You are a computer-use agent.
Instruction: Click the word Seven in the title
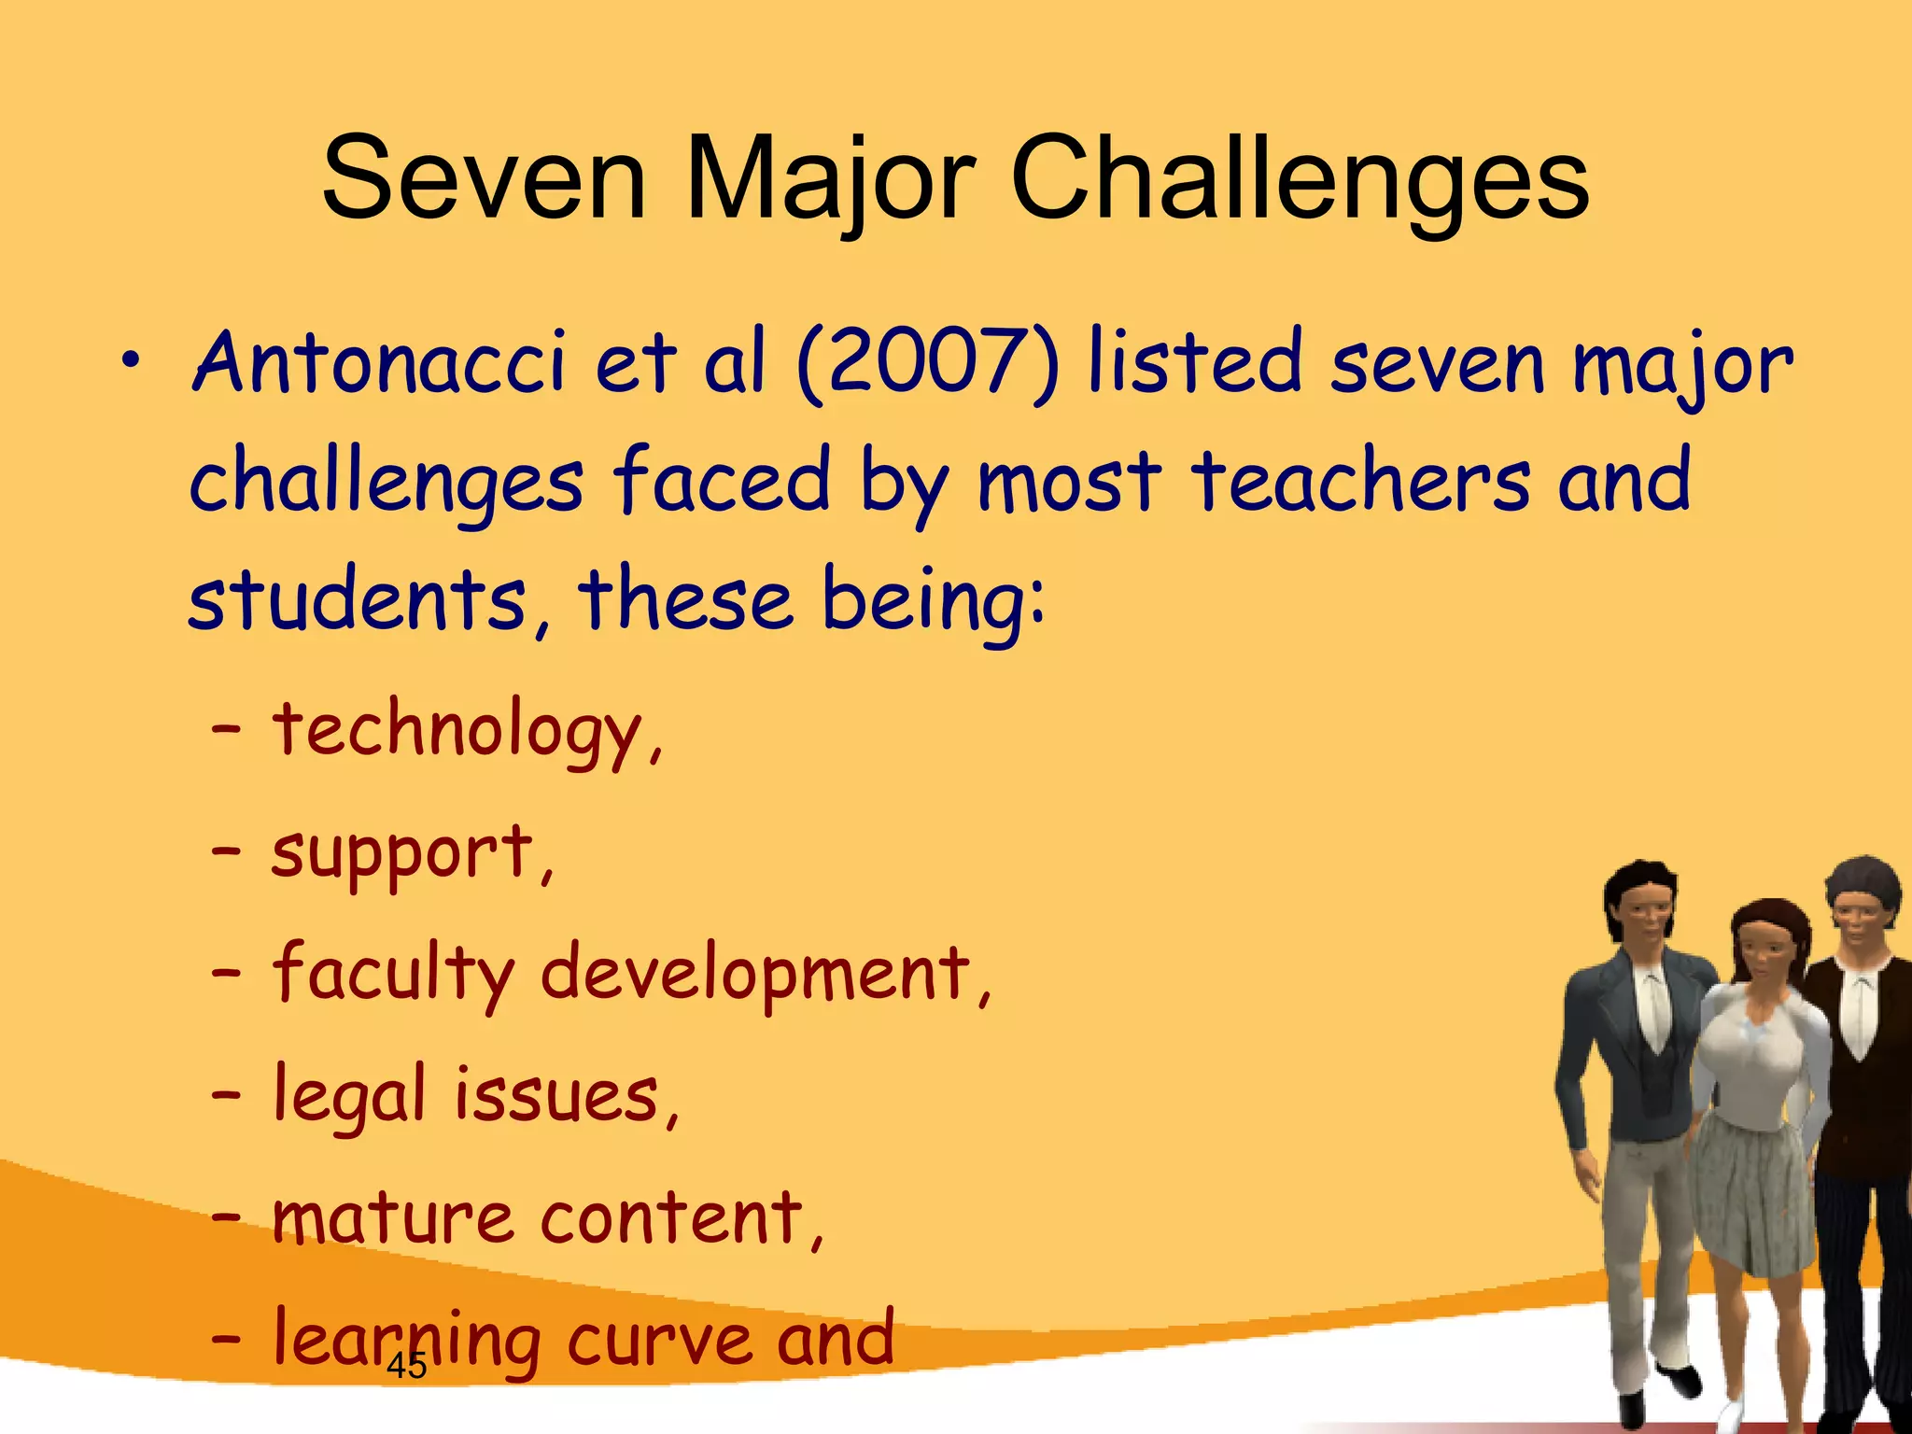tap(484, 178)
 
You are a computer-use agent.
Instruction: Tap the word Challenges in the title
tap(1299, 178)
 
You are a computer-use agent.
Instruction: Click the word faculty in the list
tap(392, 974)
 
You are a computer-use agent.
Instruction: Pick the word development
tap(756, 974)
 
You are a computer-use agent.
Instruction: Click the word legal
tap(349, 1095)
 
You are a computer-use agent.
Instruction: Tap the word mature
tap(392, 1217)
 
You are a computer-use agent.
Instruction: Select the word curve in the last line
tap(658, 1339)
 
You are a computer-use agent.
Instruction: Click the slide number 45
tap(406, 1366)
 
